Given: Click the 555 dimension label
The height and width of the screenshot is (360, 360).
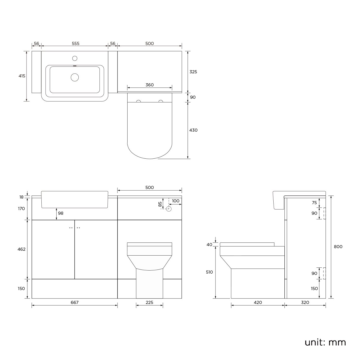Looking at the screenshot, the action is [76, 43].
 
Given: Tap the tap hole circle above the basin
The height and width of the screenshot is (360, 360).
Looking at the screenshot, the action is [75, 58].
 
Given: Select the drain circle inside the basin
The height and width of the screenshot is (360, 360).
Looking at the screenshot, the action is [75, 77].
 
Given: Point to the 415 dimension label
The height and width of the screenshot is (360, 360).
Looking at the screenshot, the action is [22, 76].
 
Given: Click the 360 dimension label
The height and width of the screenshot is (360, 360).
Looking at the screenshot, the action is [150, 85].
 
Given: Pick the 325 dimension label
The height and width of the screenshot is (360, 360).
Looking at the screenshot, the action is [193, 72].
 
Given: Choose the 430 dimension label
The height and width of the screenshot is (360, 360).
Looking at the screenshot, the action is [193, 130].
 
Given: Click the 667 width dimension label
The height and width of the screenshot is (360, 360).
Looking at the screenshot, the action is [75, 302].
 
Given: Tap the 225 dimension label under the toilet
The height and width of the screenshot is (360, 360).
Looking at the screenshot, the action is [149, 302].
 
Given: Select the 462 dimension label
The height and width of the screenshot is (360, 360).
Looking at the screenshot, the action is [22, 249].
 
